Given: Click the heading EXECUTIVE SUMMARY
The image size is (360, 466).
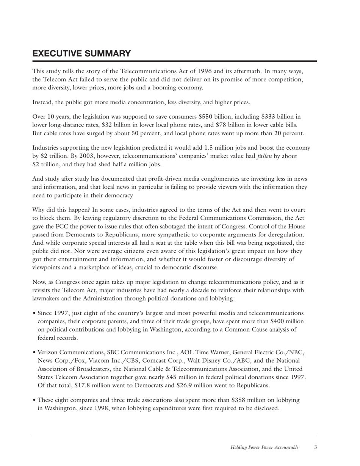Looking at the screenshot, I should [x=82, y=53].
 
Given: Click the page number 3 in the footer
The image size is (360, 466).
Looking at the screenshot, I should [x=316, y=447].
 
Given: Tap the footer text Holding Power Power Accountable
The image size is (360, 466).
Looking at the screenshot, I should [x=265, y=447].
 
